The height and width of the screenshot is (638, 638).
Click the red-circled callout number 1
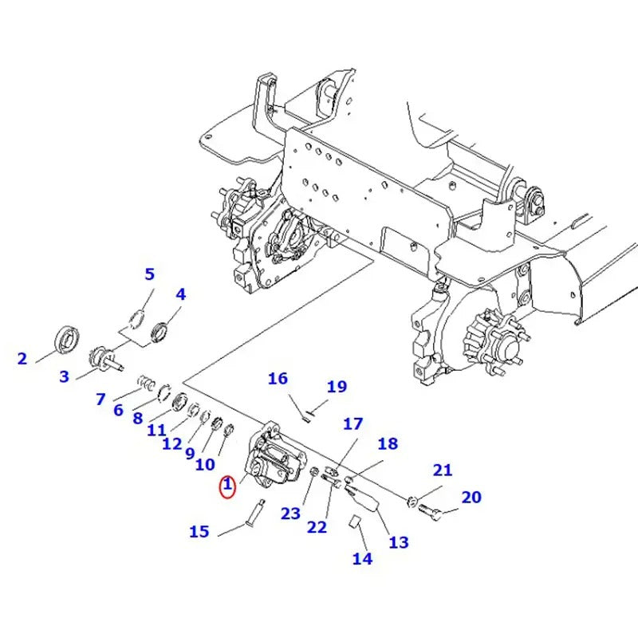point(227,484)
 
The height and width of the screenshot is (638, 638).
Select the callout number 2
point(22,359)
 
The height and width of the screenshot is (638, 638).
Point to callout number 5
point(149,276)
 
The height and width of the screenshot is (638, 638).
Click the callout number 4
point(181,294)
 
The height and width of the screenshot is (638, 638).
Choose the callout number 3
point(64,376)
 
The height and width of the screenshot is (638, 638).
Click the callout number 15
point(199,530)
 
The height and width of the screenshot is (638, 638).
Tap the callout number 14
point(362,558)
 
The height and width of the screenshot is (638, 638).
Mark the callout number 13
point(398,542)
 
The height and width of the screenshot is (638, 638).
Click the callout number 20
point(471,498)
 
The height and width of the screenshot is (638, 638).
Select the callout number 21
point(443,470)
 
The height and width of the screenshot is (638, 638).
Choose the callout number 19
point(337,387)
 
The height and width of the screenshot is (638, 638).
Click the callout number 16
point(278,378)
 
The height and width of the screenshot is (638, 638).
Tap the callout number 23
point(290,514)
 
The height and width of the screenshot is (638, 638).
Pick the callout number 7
point(100,399)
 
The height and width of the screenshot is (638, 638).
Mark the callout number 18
point(387,444)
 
